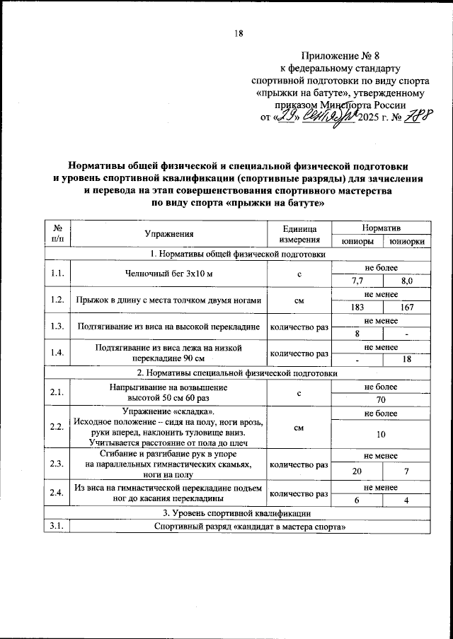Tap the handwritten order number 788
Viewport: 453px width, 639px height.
417,115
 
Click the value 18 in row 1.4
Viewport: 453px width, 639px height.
405,360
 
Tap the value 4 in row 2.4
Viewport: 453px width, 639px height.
405,500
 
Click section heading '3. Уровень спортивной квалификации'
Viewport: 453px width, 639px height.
238,512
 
